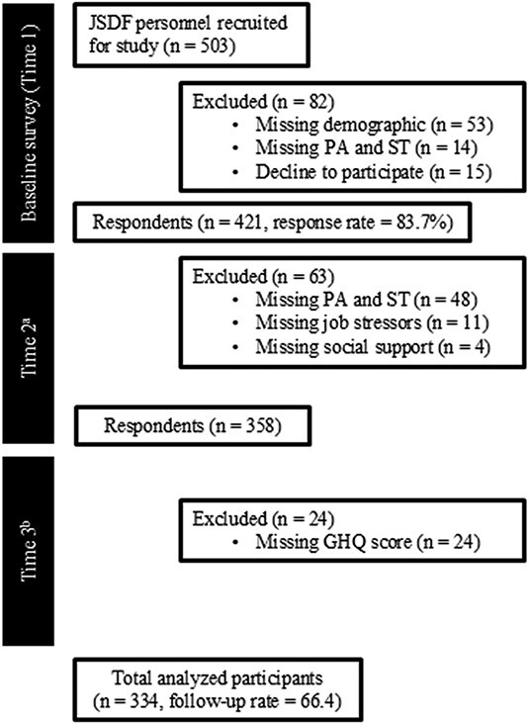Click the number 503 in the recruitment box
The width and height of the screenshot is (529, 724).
(215, 46)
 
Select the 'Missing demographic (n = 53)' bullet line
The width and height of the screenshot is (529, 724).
(375, 125)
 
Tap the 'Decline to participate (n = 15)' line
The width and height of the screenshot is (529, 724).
(374, 172)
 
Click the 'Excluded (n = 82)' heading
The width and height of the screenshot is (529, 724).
(263, 101)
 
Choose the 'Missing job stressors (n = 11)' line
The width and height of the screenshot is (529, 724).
(372, 322)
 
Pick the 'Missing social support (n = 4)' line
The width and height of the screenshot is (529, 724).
(373, 346)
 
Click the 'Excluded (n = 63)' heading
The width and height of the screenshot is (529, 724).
(263, 277)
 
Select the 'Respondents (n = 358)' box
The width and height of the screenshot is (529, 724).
(193, 425)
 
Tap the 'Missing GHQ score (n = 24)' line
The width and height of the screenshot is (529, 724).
(368, 542)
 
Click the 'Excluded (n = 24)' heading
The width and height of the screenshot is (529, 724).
(263, 519)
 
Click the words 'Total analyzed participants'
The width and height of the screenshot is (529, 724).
(218, 679)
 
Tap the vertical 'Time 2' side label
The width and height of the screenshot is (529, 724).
(29, 348)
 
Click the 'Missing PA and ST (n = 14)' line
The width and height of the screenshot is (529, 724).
(366, 147)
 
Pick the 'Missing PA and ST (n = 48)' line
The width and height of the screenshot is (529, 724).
(366, 300)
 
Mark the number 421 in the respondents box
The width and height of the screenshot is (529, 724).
(253, 223)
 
